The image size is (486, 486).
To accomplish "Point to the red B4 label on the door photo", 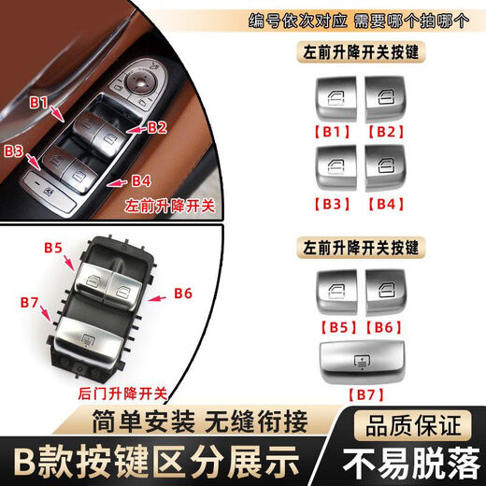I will point(140,179).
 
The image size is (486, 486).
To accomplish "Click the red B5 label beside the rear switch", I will point(53,248).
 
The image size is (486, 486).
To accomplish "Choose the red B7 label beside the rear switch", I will point(28,301).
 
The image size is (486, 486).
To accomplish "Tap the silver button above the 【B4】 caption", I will point(383,168).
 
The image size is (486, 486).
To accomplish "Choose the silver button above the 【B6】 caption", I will point(383,290).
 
